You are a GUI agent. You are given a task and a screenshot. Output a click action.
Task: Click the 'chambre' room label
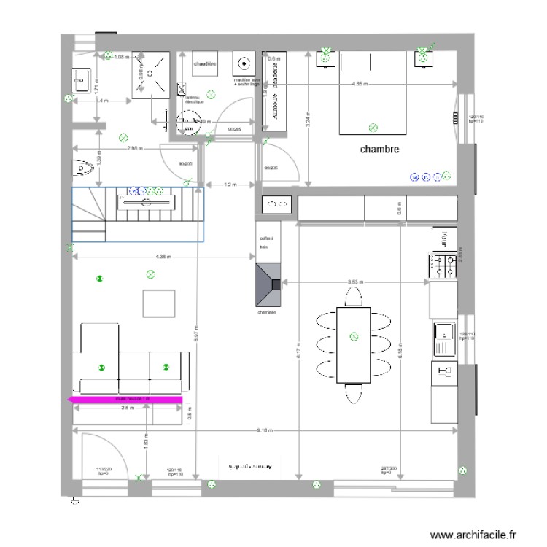pyautogui.click(x=379, y=149)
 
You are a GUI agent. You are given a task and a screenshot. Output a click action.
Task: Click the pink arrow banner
pyautogui.click(x=124, y=399)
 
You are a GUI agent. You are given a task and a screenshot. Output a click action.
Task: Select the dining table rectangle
pyautogui.click(x=354, y=345)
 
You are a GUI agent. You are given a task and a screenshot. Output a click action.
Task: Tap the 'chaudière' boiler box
pyautogui.click(x=205, y=64)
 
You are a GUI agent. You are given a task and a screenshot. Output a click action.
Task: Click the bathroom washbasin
pyautogui.click(x=79, y=76)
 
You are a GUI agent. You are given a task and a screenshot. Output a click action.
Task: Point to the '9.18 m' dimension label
pyautogui.click(x=265, y=431)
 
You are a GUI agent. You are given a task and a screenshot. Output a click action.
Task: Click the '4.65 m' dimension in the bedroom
pyautogui.click(x=360, y=84)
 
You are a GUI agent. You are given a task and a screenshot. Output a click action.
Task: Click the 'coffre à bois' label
pyautogui.click(x=264, y=243)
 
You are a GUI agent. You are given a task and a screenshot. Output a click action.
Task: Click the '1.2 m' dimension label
pyautogui.click(x=230, y=185)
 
